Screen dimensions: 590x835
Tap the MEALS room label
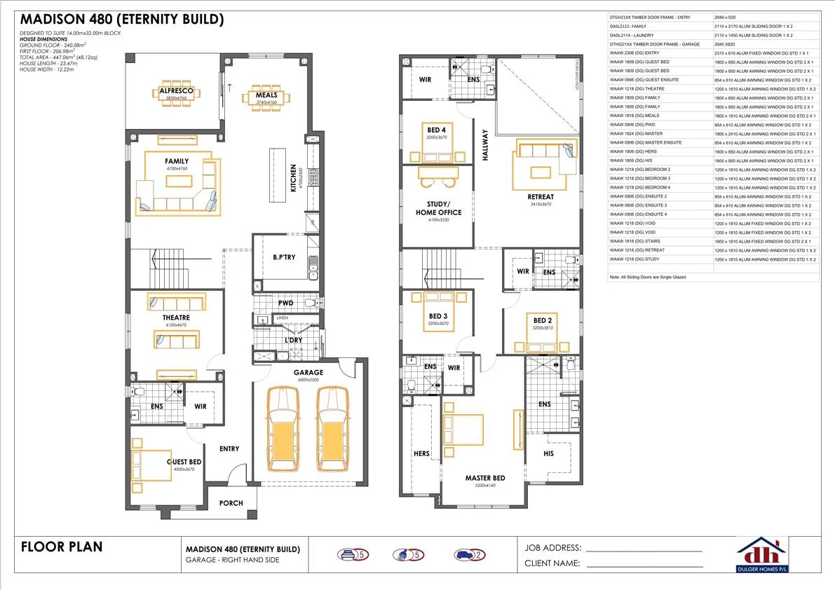(266, 95)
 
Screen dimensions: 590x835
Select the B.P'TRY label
(283, 257)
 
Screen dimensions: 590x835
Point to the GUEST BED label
(184, 462)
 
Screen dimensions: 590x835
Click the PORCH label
(231, 503)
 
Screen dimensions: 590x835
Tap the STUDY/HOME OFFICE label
(438, 208)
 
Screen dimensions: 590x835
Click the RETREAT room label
(540, 197)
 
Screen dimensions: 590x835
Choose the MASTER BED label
(484, 478)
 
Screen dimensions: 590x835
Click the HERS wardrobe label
(421, 453)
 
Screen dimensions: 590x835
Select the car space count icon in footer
(469, 555)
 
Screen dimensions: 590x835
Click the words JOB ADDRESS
(552, 548)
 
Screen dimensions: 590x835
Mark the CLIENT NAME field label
(552, 563)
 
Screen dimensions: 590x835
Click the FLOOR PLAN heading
(62, 547)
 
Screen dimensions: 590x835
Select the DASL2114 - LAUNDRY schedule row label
(633, 35)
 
